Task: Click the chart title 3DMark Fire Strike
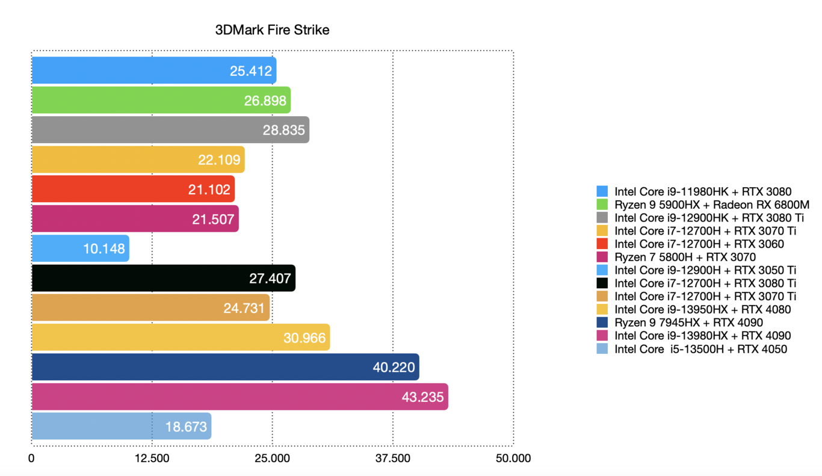point(272,30)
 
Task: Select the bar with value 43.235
point(239,397)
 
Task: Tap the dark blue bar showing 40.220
point(225,367)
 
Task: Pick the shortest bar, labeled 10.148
point(80,249)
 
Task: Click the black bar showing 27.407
point(163,278)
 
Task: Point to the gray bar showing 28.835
point(170,130)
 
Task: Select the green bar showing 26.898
point(161,100)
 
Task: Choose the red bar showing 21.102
point(133,190)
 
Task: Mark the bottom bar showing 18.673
point(121,426)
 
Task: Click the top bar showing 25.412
point(153,70)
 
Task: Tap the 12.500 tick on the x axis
point(152,459)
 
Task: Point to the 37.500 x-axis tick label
point(392,459)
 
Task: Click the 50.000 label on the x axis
point(513,459)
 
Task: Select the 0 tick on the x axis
point(31,459)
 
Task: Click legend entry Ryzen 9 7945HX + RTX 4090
point(688,323)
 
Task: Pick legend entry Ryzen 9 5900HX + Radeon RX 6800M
point(712,205)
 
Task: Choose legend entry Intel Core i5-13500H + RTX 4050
point(700,349)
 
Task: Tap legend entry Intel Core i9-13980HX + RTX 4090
point(702,336)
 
